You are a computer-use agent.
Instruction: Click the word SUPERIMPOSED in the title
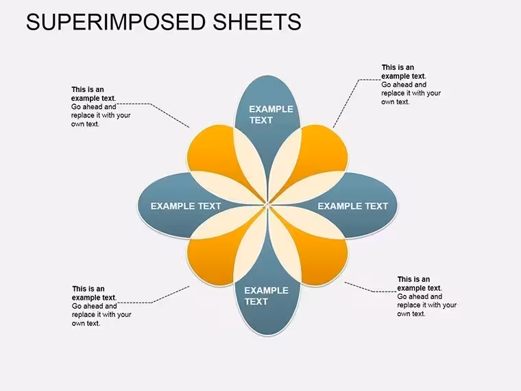pyautogui.click(x=116, y=22)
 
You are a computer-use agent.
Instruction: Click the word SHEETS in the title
pyautogui.click(x=257, y=22)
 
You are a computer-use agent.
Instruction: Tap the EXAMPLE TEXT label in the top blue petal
pyautogui.click(x=271, y=115)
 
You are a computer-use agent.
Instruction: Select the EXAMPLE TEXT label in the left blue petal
pyautogui.click(x=186, y=206)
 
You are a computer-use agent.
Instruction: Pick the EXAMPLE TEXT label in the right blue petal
pyautogui.click(x=353, y=206)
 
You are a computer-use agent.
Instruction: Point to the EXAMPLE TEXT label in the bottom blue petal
pyautogui.click(x=266, y=296)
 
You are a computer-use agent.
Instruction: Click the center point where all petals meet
pyautogui.click(x=267, y=204)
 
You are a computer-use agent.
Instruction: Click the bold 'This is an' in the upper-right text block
pyautogui.click(x=398, y=67)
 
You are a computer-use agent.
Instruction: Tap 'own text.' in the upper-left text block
pyautogui.click(x=86, y=124)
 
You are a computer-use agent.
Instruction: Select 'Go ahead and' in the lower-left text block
pyautogui.click(x=95, y=306)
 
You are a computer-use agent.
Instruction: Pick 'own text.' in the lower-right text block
pyautogui.click(x=411, y=314)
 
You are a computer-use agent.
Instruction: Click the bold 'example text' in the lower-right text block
pyautogui.click(x=419, y=288)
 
